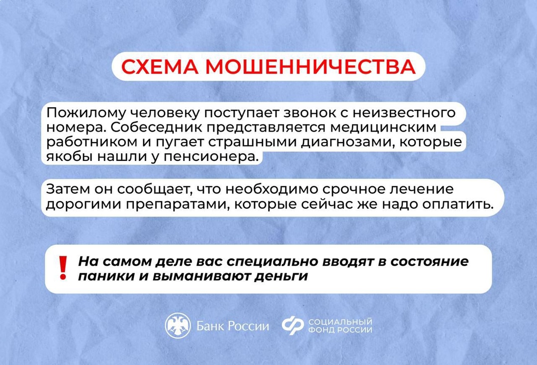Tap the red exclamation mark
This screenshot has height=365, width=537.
pyautogui.click(x=63, y=268)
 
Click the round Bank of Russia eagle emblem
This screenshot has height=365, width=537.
pyautogui.click(x=178, y=326)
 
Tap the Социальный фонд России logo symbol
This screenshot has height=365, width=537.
pyautogui.click(x=293, y=326)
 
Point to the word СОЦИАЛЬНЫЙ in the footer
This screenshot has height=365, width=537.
pyautogui.click(x=341, y=322)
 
